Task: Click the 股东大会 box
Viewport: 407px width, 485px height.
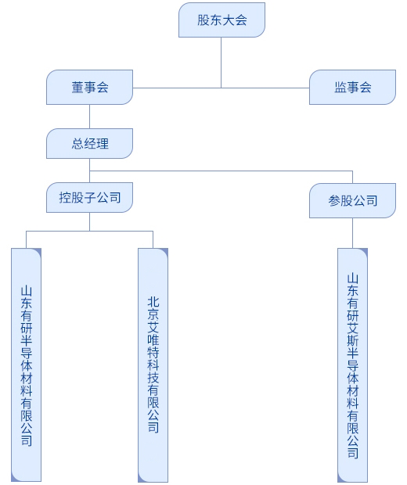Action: point(222,20)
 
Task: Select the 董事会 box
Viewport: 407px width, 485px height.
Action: point(89,88)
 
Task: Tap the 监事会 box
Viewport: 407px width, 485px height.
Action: point(352,88)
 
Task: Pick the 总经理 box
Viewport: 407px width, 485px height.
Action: point(89,143)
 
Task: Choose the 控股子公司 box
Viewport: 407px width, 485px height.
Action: point(89,197)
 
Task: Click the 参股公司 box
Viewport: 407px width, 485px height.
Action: point(352,200)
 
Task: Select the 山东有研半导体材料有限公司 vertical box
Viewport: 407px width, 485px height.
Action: point(27,365)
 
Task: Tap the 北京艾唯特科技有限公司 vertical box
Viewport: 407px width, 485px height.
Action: point(153,365)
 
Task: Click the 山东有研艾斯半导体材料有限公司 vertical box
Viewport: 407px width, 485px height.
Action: point(352,365)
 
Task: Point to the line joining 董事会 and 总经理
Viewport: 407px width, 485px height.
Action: point(89,117)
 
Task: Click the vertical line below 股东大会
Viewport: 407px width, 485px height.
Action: point(221,63)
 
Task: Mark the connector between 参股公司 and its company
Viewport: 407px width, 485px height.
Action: point(352,233)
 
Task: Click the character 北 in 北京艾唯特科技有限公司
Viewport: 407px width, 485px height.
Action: point(153,302)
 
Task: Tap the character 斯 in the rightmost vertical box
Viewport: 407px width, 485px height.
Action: point(352,341)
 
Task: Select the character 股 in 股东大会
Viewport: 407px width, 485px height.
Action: point(203,20)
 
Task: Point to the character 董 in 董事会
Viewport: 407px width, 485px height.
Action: point(77,88)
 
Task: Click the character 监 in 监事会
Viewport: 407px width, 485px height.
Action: point(340,88)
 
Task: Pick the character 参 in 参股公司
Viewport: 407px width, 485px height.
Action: point(334,201)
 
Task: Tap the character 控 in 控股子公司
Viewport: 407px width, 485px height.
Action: point(65,198)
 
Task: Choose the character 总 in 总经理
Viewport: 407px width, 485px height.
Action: point(77,144)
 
